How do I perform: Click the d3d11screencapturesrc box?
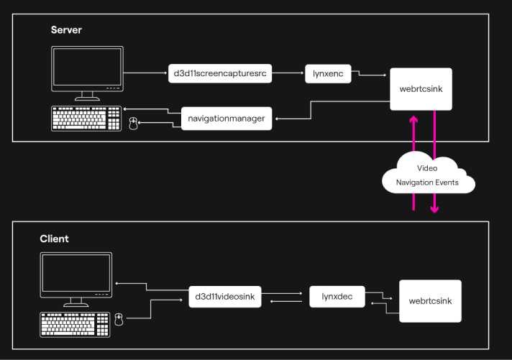(220, 73)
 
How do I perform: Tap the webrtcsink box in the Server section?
(421, 90)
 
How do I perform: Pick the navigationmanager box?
(227, 117)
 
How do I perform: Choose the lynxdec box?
(337, 295)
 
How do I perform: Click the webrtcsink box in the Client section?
(429, 300)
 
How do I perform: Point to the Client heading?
(55, 239)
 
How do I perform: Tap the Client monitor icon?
(76, 277)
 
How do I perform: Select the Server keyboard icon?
(86, 119)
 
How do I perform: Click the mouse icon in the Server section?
(132, 124)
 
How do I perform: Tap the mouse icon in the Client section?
(119, 318)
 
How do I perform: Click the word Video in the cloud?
(427, 168)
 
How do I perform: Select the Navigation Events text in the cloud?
(427, 183)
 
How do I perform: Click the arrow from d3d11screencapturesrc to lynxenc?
(288, 73)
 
